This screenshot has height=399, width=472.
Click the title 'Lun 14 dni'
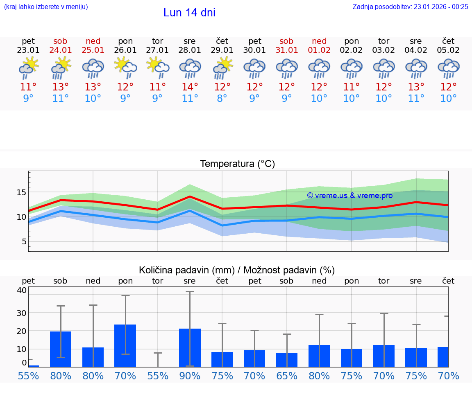tap(189, 13)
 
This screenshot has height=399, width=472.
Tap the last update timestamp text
tap(410, 7)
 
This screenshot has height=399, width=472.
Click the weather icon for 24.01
tap(61, 68)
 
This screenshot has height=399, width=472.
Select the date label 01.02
tap(319, 50)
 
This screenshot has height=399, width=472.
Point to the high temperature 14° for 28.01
tap(190, 87)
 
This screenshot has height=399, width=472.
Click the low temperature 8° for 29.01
tap(222, 99)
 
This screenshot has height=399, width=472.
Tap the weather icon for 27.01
tap(158, 68)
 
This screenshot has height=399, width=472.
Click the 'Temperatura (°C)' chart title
tap(237, 164)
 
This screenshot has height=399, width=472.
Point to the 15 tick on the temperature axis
tap(22, 192)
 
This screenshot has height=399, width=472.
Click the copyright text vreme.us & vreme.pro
tap(350, 196)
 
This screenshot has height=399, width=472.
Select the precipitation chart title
tap(237, 270)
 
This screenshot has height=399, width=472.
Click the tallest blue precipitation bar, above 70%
tap(125, 346)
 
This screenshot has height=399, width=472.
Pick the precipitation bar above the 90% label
tap(190, 348)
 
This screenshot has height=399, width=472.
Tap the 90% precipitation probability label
tap(190, 376)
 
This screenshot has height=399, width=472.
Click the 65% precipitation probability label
tap(287, 376)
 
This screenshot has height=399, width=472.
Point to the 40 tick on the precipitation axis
tap(22, 290)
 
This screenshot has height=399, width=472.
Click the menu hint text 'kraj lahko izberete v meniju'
tap(45, 7)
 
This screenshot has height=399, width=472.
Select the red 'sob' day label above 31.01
tap(286, 41)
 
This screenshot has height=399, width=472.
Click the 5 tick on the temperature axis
tap(24, 241)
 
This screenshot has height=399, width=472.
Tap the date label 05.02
tap(448, 50)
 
